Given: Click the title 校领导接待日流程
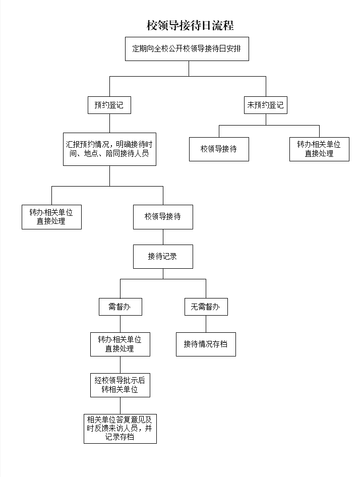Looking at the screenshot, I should [x=190, y=25].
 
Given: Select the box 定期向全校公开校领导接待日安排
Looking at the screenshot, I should [x=187, y=49].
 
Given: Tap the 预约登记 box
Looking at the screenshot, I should [x=109, y=105].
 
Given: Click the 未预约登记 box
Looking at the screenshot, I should [x=265, y=105].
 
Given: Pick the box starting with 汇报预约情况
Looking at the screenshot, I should [x=109, y=149].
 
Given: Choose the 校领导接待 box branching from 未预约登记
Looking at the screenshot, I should [x=219, y=149].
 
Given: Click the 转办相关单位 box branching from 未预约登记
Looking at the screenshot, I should [x=319, y=149].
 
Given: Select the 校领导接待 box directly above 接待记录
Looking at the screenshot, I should [x=163, y=217].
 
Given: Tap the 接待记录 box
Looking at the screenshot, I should [x=163, y=257].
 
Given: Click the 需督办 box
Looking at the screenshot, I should [x=120, y=307].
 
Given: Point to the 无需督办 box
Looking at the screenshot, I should [x=206, y=307].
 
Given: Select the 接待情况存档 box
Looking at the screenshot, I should [x=206, y=344].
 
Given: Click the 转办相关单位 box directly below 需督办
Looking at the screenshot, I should [x=120, y=344].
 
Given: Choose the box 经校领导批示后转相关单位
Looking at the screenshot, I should [x=120, y=385].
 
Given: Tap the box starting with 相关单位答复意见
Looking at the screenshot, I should [x=120, y=428].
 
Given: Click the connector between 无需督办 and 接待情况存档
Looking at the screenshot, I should [x=206, y=324].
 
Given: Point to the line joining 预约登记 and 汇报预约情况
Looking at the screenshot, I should [x=109, y=123].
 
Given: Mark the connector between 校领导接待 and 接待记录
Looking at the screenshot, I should [x=163, y=237].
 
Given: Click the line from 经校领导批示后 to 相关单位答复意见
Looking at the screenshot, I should [x=120, y=405].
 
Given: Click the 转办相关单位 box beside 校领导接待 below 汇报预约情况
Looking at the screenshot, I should [x=51, y=217].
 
